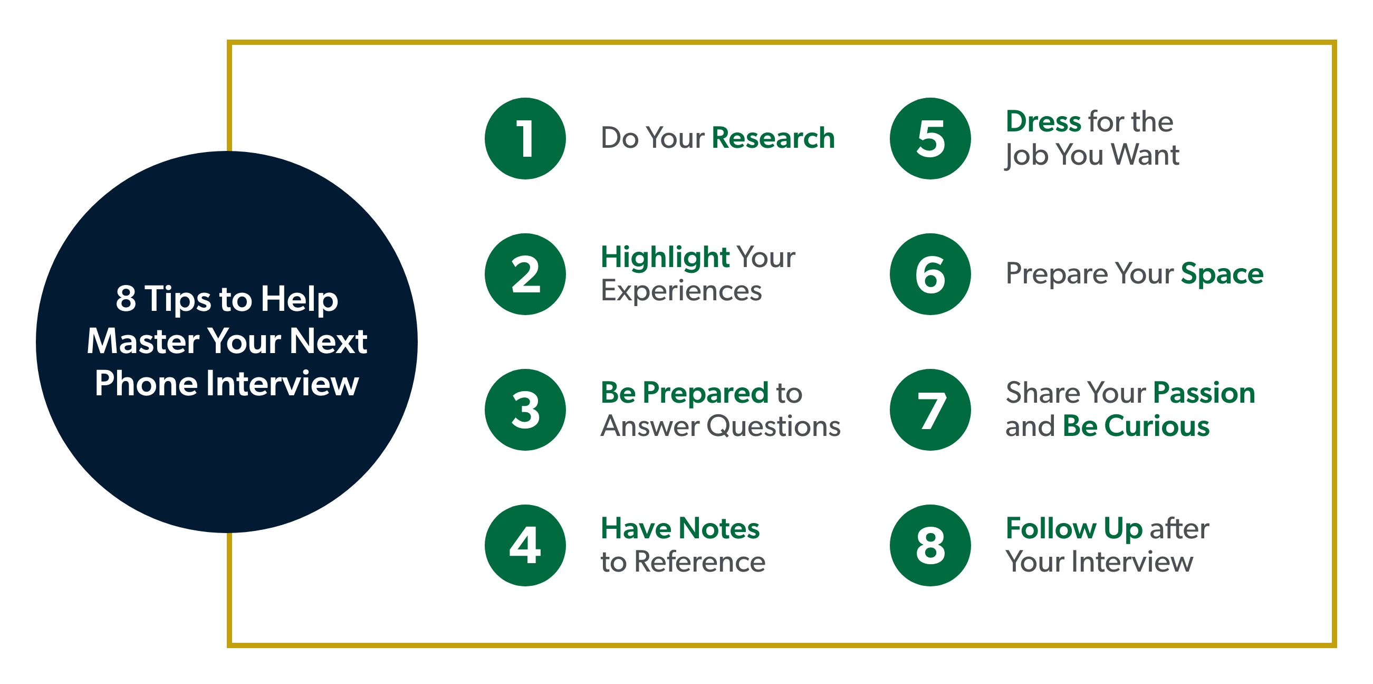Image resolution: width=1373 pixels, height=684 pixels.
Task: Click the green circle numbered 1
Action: coord(525,139)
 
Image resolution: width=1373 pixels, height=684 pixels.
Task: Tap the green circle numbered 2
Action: coord(525,274)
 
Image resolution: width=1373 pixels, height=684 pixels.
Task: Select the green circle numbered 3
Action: coord(525,410)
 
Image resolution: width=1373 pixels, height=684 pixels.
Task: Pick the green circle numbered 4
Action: coord(525,545)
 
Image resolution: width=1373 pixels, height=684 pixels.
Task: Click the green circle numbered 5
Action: coord(930,139)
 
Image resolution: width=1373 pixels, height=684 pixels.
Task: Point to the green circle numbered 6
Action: coord(930,274)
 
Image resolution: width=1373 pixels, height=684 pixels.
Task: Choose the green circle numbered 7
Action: coord(930,410)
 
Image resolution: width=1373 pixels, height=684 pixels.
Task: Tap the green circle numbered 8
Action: coord(930,545)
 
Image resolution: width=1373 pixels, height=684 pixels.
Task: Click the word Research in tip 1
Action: coord(773,138)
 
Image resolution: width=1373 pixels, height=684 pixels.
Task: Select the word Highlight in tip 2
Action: coord(665,258)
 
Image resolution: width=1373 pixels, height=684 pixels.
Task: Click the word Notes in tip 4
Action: coord(719,528)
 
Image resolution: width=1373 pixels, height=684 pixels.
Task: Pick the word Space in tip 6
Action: coord(1222,274)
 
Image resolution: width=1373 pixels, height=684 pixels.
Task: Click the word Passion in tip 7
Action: coord(1204,393)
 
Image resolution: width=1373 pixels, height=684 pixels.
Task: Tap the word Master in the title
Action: coord(143,341)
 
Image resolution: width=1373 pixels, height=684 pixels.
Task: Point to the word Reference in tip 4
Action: coord(700,562)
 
